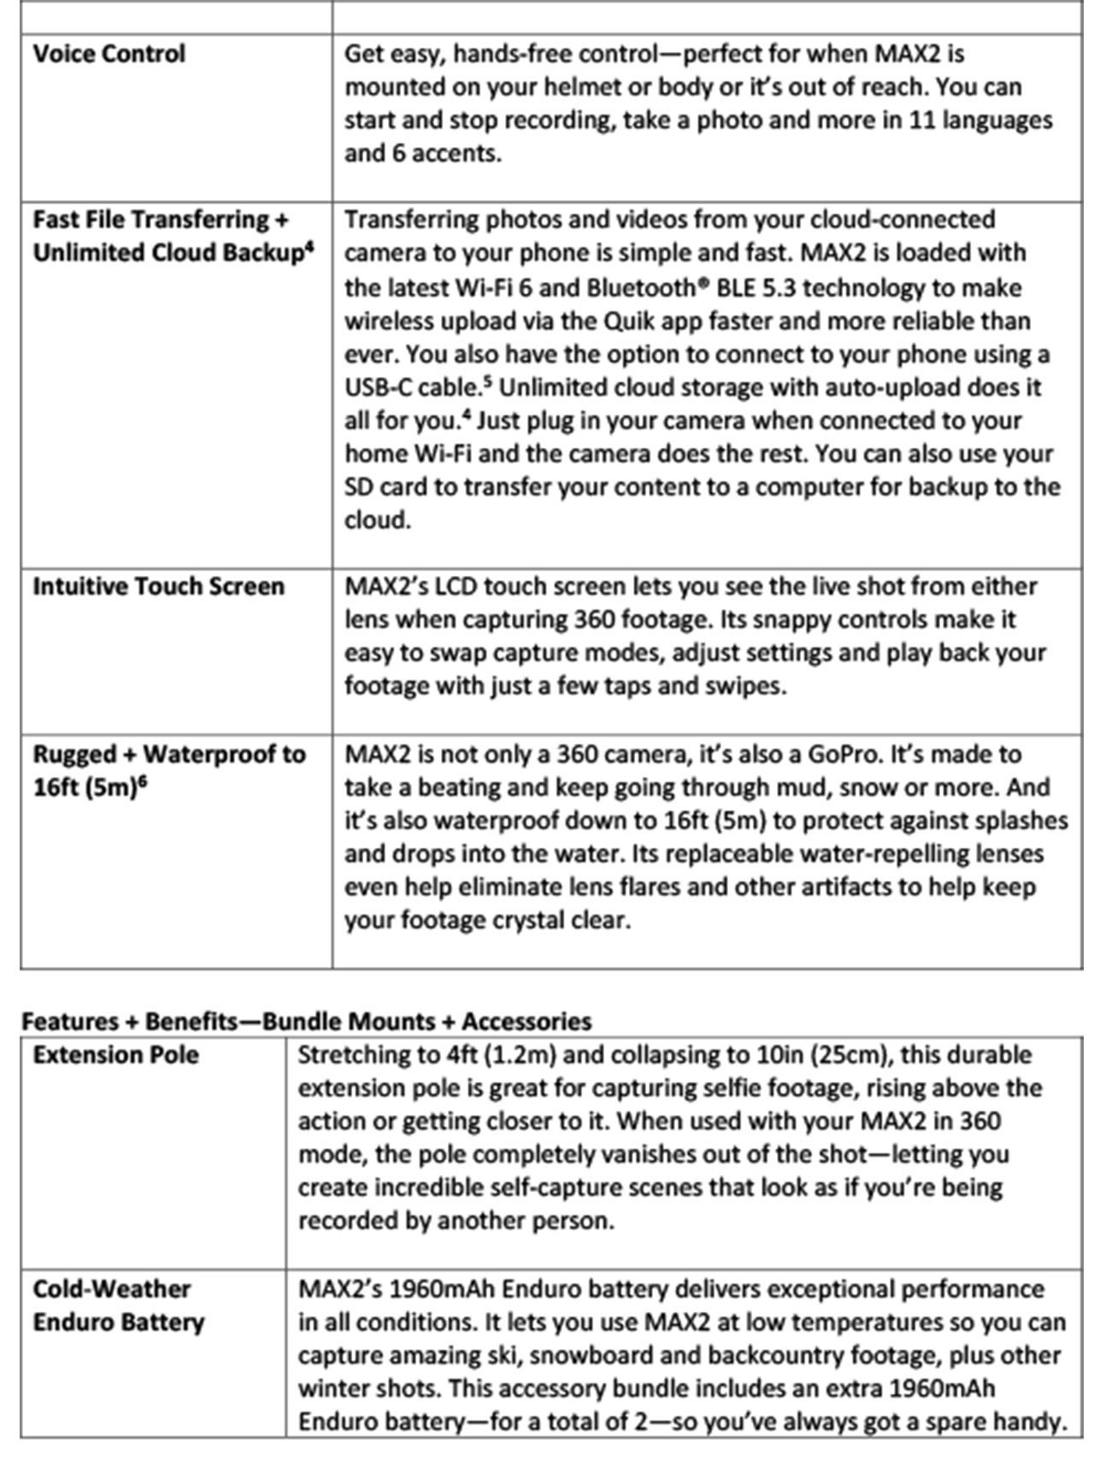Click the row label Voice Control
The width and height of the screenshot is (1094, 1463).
(x=109, y=54)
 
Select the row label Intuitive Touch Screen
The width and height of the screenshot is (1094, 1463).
(x=158, y=586)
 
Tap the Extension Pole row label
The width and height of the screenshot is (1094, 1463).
(x=115, y=1055)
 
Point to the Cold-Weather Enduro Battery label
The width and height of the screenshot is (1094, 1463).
(x=119, y=1305)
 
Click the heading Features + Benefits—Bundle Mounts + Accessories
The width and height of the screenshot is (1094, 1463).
(x=306, y=1021)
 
